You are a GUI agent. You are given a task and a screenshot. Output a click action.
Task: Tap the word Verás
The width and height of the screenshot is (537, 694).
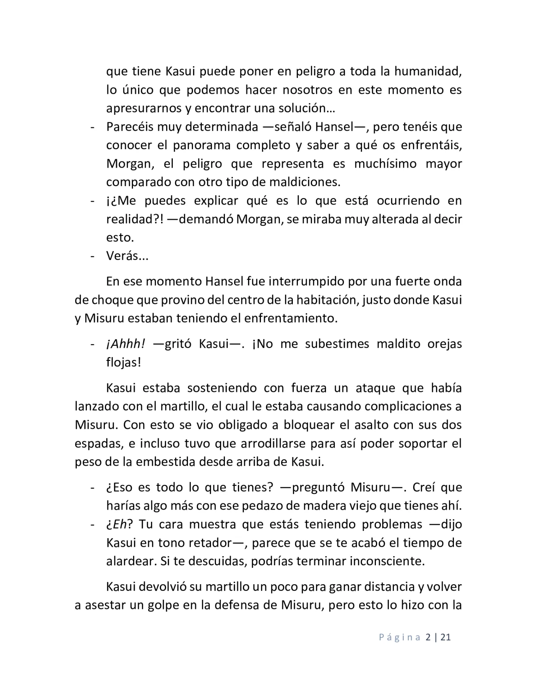tap(122, 256)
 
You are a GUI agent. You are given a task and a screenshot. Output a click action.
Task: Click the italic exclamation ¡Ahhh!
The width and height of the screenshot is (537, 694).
tap(125, 344)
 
